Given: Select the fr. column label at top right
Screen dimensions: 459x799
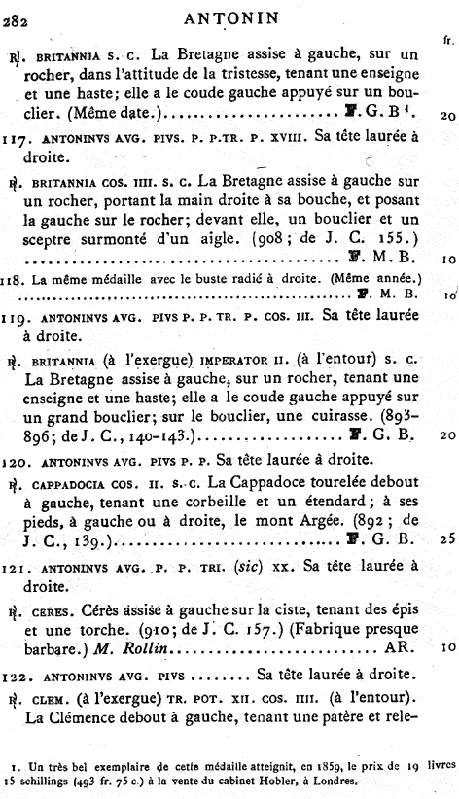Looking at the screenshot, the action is pyautogui.click(x=447, y=40).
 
